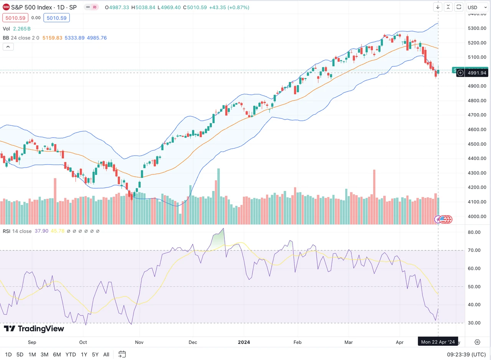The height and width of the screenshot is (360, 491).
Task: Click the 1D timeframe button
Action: (8, 355)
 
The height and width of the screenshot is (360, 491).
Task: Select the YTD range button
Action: (71, 355)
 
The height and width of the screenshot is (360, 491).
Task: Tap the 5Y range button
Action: (95, 355)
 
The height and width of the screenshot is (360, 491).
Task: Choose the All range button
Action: (106, 355)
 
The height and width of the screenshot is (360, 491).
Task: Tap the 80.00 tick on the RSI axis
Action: (475, 232)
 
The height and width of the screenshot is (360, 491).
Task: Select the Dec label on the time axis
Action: (193, 342)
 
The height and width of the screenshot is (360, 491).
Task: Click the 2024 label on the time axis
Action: (244, 342)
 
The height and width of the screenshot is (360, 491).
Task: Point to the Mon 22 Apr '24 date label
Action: (438, 342)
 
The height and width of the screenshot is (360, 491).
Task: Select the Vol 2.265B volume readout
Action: (17, 29)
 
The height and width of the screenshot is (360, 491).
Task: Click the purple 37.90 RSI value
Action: (41, 231)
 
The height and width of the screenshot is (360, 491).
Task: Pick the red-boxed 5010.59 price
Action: (15, 18)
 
